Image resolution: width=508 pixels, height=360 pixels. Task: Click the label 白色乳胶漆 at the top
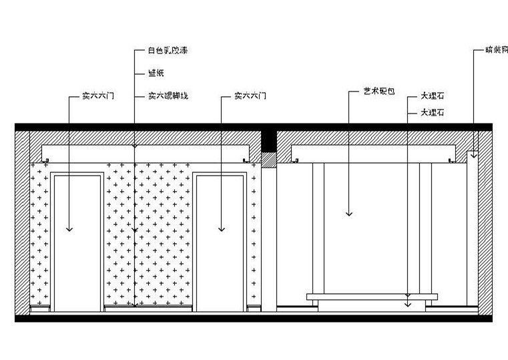tap(164, 50)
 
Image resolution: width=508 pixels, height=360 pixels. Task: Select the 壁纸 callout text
tap(155, 73)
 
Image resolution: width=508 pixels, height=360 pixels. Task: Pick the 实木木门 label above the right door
tap(250, 96)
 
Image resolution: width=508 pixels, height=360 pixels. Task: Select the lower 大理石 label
tap(434, 113)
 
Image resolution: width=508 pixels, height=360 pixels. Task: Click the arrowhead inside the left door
tap(69, 229)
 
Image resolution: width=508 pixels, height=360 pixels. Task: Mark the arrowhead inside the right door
tap(221, 229)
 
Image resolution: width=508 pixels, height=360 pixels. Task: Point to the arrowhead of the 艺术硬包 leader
tap(348, 214)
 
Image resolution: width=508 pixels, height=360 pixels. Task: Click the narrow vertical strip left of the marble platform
tap(318, 227)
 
